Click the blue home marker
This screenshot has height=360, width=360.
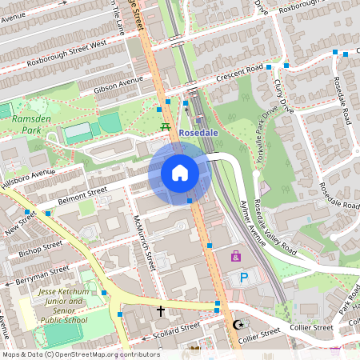click(180, 173)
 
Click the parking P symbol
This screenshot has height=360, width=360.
click(244, 278)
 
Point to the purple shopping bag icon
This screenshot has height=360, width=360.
click(235, 256)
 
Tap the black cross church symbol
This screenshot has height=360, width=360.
click(160, 310)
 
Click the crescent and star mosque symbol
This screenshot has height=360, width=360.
click(237, 325)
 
